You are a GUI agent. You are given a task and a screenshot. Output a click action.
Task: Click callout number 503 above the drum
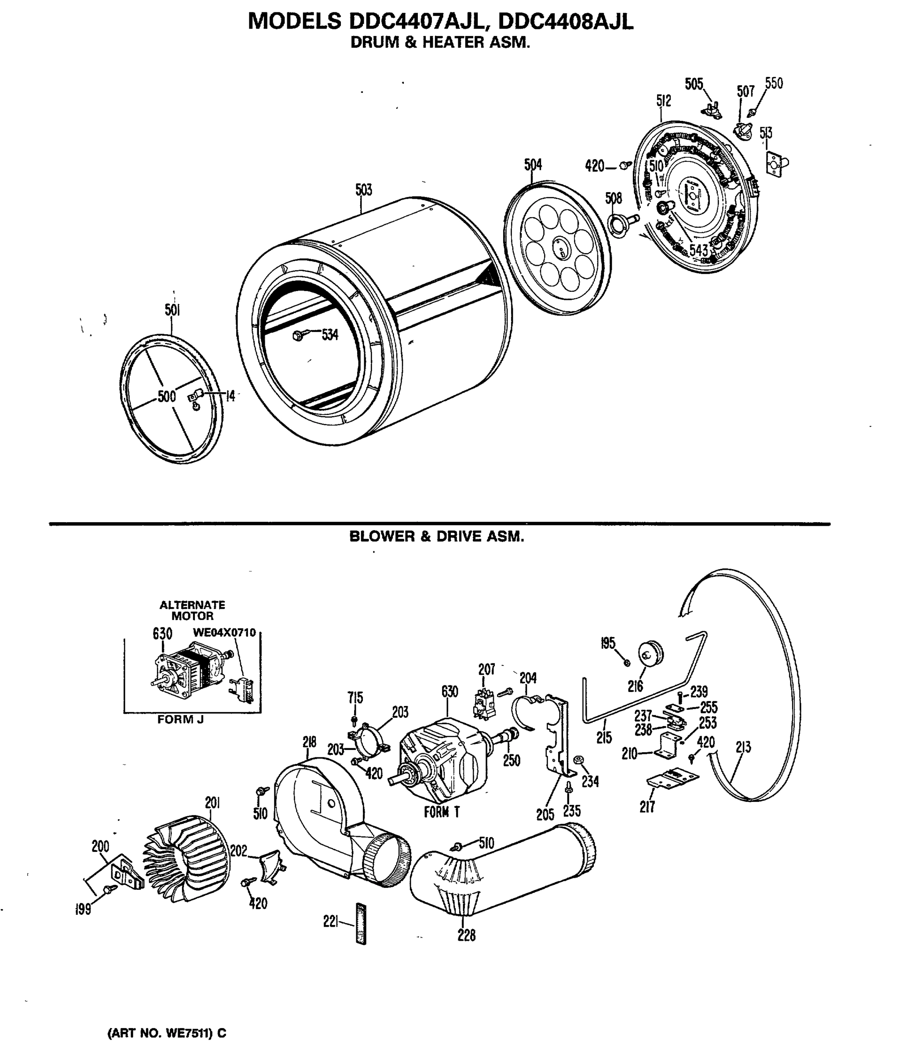click(x=363, y=190)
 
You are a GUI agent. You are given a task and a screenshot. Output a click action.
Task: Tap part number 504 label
click(x=533, y=164)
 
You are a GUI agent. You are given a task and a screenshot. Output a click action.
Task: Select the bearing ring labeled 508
click(x=618, y=224)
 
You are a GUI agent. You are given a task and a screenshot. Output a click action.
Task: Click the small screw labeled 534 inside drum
click(x=299, y=335)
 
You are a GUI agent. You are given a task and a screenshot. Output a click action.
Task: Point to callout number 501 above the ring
click(x=172, y=310)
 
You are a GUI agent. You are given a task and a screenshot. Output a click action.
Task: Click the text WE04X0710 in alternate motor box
click(x=224, y=633)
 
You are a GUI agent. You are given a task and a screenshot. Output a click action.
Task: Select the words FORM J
click(x=180, y=720)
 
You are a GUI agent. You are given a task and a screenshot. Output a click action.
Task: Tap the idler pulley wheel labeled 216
click(x=651, y=653)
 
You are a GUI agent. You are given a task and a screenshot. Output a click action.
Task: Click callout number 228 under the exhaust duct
click(x=466, y=935)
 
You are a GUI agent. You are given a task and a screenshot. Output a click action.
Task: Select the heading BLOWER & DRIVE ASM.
click(x=437, y=536)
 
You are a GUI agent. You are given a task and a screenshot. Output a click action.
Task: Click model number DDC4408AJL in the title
click(x=566, y=22)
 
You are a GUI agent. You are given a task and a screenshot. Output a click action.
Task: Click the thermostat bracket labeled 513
click(x=776, y=164)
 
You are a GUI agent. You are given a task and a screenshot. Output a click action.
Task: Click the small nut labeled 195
click(x=627, y=662)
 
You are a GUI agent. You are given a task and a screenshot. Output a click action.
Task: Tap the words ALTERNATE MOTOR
click(x=192, y=611)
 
